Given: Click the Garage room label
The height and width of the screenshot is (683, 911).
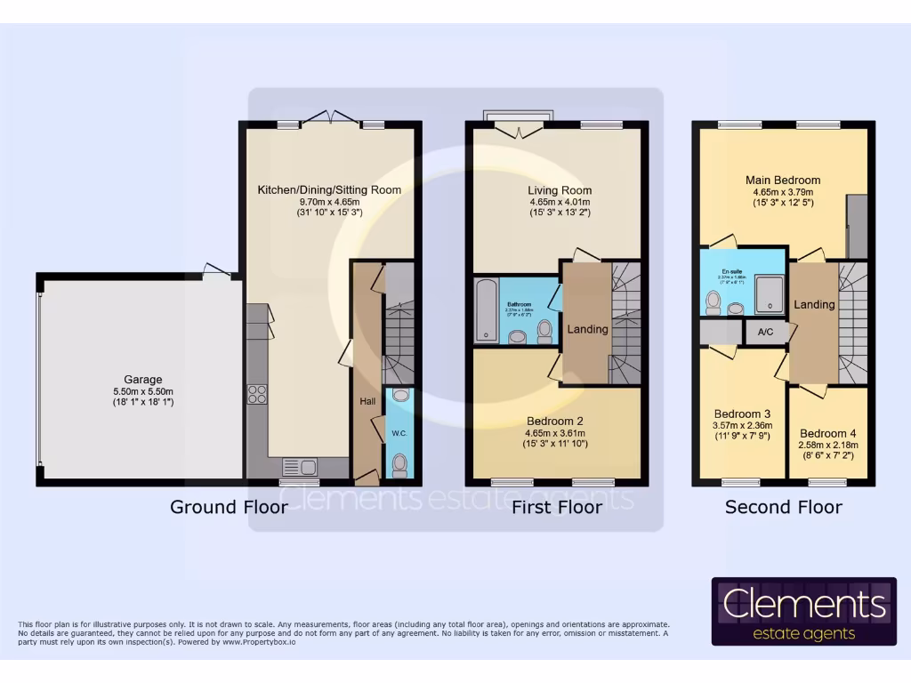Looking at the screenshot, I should [x=142, y=380].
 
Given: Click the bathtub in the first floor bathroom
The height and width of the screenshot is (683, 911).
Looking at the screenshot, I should [x=485, y=309].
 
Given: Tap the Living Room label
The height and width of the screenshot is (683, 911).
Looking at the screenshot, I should [x=560, y=190].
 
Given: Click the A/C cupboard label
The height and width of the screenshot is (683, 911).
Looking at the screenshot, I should [x=765, y=333].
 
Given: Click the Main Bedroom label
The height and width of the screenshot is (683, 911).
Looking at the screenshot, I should [x=783, y=180].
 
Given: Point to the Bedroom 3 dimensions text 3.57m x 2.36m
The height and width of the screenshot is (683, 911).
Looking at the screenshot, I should [x=743, y=425].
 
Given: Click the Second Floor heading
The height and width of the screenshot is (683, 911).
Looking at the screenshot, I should [x=783, y=508].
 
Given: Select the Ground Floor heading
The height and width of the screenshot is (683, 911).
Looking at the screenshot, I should [x=229, y=508].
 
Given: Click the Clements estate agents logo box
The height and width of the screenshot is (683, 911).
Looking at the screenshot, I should [x=804, y=611].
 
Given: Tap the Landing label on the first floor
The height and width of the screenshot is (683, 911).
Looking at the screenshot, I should [x=587, y=329].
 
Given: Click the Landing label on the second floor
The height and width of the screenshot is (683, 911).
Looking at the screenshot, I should [x=814, y=304].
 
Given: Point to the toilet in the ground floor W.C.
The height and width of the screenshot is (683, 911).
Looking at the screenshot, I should [x=399, y=463].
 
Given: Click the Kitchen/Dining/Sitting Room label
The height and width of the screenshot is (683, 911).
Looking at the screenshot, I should [x=329, y=189].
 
